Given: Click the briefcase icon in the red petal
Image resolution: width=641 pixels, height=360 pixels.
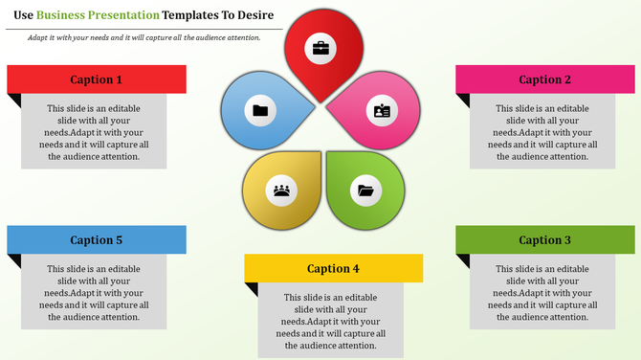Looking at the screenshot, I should (320, 47).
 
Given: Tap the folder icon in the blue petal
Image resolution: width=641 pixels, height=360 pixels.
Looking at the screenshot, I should (260, 110).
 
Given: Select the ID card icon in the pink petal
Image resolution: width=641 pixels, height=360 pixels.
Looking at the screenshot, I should (382, 111).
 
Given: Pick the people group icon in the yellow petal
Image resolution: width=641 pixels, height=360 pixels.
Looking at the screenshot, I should (281, 190).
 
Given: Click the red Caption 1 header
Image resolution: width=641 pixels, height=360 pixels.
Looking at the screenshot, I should (97, 79).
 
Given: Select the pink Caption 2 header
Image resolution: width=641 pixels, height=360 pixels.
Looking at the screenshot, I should (545, 79).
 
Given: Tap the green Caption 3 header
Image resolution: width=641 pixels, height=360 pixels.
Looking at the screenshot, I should (545, 240).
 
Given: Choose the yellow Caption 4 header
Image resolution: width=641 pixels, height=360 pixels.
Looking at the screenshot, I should (334, 268).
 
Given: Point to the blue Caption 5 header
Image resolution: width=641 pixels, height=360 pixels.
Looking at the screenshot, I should (97, 240).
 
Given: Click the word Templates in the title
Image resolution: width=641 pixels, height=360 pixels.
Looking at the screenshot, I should (196, 15).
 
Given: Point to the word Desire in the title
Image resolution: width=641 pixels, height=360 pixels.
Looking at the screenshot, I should (254, 15).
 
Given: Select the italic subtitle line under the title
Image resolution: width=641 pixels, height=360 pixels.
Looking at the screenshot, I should (144, 36).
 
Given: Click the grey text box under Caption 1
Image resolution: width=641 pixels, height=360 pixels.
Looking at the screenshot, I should (94, 131).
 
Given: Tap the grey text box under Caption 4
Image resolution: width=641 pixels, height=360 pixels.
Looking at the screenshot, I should (331, 321).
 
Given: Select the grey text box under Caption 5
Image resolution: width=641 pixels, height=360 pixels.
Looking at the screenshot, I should (94, 291).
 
